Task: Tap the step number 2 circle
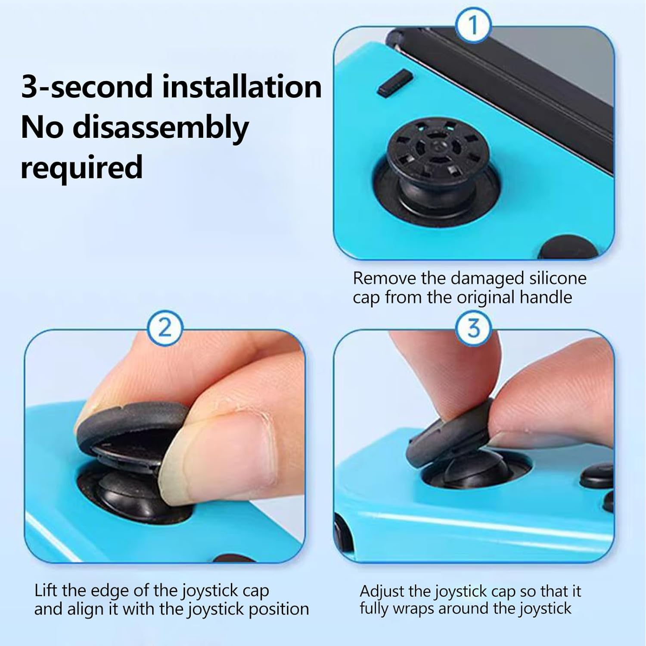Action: [165, 328]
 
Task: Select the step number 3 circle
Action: [473, 328]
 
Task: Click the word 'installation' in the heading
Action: [242, 87]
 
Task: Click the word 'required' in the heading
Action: [81, 168]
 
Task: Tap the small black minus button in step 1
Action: [395, 83]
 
